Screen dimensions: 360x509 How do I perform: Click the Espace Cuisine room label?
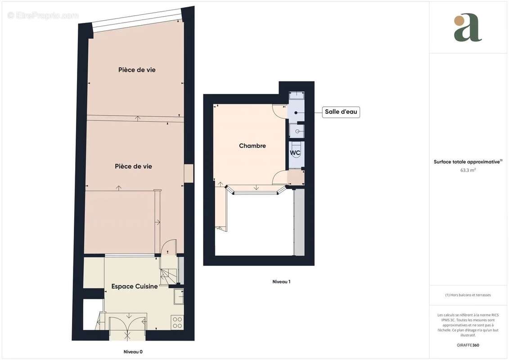click(135, 286)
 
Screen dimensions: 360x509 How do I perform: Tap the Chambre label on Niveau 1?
click(252, 146)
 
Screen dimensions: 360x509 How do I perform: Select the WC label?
click(295, 153)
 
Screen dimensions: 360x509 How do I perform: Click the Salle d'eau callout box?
click(341, 112)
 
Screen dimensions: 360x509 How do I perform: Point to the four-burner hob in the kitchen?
click(178, 322)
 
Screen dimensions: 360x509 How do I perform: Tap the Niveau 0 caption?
click(133, 352)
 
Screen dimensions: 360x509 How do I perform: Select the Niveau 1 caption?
click(281, 282)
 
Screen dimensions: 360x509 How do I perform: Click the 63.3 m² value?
click(468, 170)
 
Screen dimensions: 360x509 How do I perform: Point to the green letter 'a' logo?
click(468, 28)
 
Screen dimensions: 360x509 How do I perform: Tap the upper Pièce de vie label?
click(137, 70)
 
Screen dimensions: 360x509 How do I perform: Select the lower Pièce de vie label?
click(133, 166)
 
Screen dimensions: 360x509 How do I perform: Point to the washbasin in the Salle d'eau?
click(297, 131)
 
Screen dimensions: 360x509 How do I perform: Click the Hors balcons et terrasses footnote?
click(468, 295)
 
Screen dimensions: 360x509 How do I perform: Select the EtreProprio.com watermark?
click(43, 15)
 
